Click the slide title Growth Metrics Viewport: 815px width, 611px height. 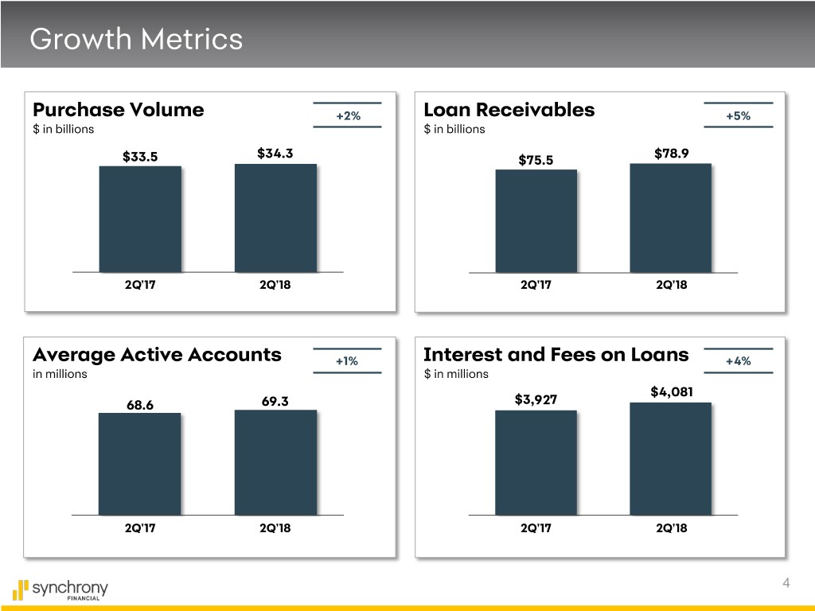coord(135,38)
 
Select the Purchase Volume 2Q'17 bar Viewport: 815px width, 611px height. coord(140,220)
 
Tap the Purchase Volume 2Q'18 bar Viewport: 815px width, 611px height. coord(275,218)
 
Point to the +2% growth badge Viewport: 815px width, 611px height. coord(348,116)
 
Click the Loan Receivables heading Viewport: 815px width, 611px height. coord(509,110)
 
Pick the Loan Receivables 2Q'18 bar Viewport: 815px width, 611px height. coord(670,218)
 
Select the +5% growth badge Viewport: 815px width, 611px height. coord(738,116)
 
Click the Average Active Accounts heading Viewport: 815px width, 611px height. coord(157,355)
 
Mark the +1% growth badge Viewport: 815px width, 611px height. coord(347,361)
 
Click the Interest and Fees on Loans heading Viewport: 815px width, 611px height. coord(556,355)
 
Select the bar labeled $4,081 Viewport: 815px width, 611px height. coord(670,459)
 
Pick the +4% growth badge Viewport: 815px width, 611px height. coord(738,361)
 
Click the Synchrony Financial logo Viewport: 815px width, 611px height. coord(60,590)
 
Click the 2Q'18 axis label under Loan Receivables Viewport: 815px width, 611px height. coord(671,286)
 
